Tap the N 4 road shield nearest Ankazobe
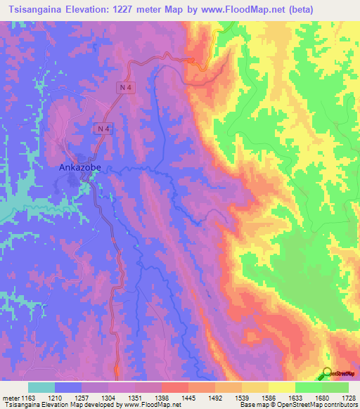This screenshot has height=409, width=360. tap(103, 128)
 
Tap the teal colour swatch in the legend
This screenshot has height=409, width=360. tap(41, 387)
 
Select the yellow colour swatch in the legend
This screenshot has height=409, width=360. tap(282, 387)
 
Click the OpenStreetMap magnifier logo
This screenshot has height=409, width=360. tap(326, 372)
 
